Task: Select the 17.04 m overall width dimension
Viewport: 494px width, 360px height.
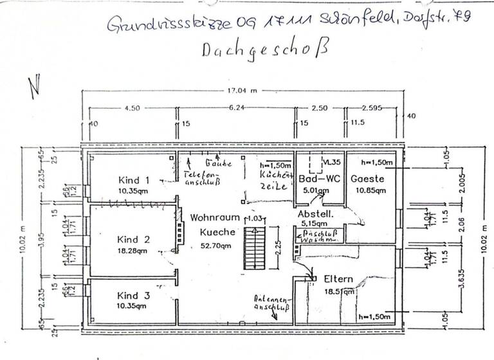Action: click(242, 91)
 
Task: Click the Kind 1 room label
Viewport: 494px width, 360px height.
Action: click(134, 180)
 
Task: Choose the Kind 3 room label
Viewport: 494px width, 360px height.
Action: click(133, 296)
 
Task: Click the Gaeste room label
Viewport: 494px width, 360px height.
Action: click(367, 179)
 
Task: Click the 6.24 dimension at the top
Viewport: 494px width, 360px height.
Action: click(236, 109)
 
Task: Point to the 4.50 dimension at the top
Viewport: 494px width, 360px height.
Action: click(131, 109)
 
